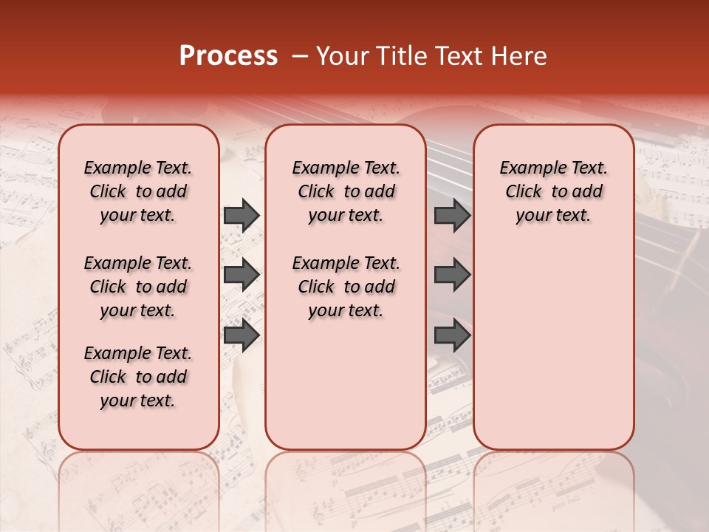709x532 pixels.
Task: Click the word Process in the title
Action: tap(228, 55)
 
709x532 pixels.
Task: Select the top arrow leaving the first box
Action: tap(242, 215)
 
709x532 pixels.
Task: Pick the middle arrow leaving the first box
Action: tap(242, 275)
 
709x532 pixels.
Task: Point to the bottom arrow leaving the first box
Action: tap(242, 335)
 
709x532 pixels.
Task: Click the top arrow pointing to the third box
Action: tap(452, 215)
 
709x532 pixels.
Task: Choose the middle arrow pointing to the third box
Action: tap(452, 275)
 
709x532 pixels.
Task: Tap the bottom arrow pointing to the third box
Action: tap(452, 335)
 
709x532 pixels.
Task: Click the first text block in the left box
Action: tap(138, 191)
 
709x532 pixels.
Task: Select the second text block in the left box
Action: tap(138, 287)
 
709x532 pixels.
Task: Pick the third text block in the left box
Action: tap(138, 377)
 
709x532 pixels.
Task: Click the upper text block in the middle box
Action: tap(346, 191)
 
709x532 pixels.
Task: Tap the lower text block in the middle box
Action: tap(346, 287)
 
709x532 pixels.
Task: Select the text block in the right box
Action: tap(553, 191)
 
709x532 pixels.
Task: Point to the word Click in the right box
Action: tap(524, 192)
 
